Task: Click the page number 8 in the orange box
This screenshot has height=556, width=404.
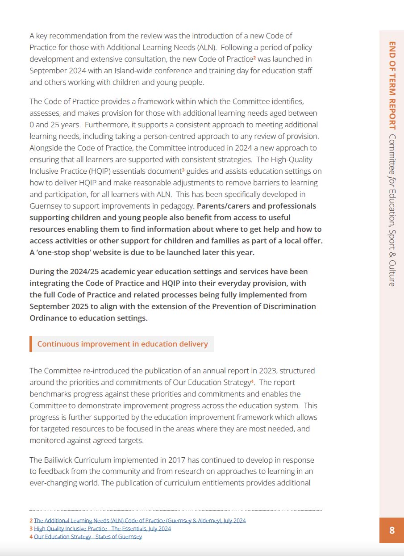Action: pyautogui.click(x=392, y=530)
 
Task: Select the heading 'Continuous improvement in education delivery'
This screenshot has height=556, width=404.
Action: pyautogui.click(x=122, y=344)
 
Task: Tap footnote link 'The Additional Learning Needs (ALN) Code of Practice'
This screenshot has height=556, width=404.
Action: pyautogui.click(x=139, y=521)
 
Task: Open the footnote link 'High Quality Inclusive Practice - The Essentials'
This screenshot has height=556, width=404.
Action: pyautogui.click(x=102, y=529)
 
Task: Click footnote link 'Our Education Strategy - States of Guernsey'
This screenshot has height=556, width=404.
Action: pyautogui.click(x=88, y=537)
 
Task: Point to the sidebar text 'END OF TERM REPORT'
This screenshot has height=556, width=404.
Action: pyautogui.click(x=392, y=85)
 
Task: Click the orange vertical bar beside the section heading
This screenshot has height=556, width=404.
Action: pyautogui.click(x=31, y=344)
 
